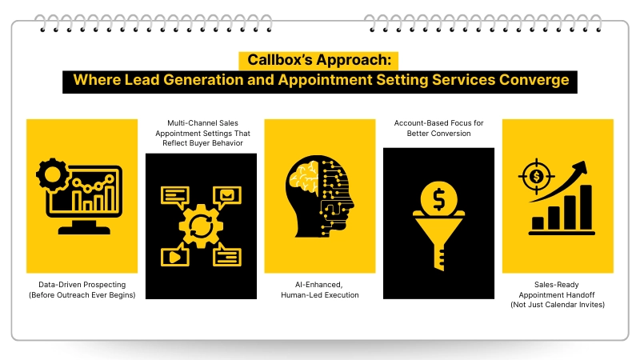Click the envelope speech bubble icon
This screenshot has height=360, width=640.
tap(226, 195)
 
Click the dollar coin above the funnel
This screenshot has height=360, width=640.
tap(438, 197)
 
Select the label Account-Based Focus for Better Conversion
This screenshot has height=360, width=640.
tap(438, 128)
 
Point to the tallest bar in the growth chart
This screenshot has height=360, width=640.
tap(586, 206)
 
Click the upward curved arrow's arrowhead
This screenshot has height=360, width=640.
tap(579, 167)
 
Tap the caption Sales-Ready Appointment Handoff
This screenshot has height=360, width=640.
tap(558, 290)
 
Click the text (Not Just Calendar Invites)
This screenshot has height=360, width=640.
tap(558, 305)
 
